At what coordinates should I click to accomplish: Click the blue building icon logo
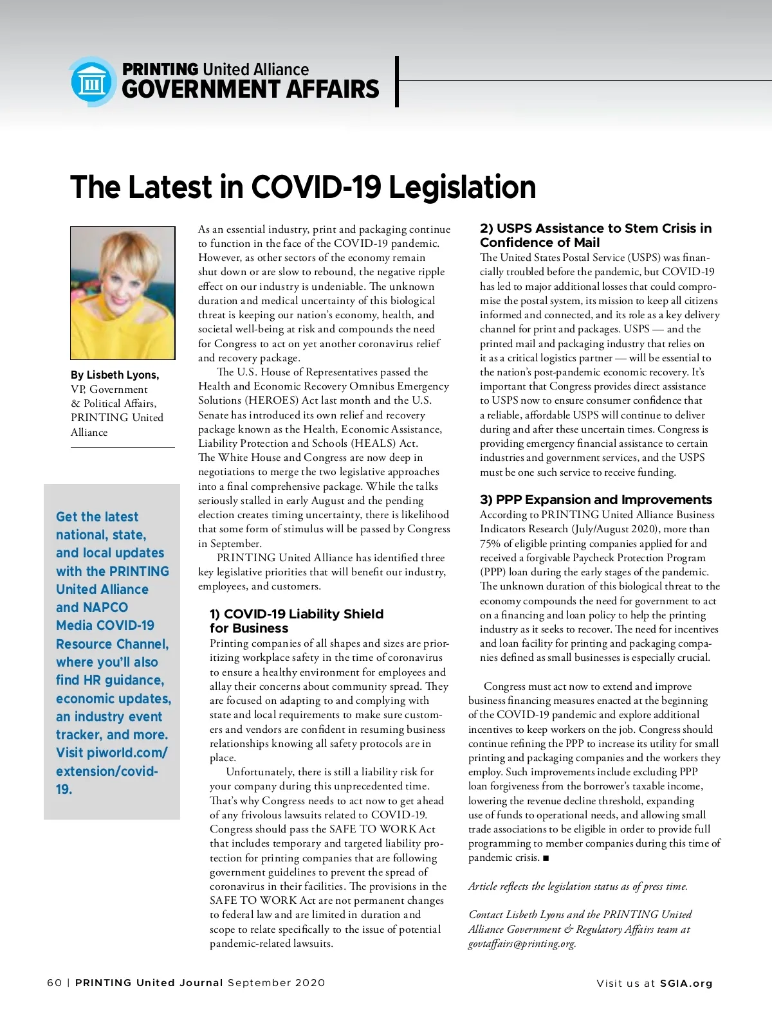point(92,82)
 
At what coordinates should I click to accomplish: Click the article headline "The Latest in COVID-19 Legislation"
point(303,187)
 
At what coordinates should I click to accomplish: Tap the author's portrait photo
point(123,292)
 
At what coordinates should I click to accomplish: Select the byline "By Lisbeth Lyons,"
point(115,375)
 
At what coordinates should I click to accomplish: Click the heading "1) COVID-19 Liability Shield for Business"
point(296,621)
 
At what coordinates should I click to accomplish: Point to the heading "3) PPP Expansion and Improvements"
point(596,500)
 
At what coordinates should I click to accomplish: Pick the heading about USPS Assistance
point(596,235)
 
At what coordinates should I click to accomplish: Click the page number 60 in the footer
point(55,982)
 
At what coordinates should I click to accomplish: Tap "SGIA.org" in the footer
point(686,983)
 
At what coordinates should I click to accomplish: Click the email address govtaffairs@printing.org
point(522,944)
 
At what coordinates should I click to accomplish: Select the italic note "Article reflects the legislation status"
point(578,886)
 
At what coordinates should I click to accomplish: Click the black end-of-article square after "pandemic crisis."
point(546,858)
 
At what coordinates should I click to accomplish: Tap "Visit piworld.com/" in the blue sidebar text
point(111,753)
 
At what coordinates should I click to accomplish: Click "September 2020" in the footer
point(276,982)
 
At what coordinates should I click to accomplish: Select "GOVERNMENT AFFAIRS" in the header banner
point(250,89)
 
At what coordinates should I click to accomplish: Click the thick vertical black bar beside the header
point(397,82)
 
